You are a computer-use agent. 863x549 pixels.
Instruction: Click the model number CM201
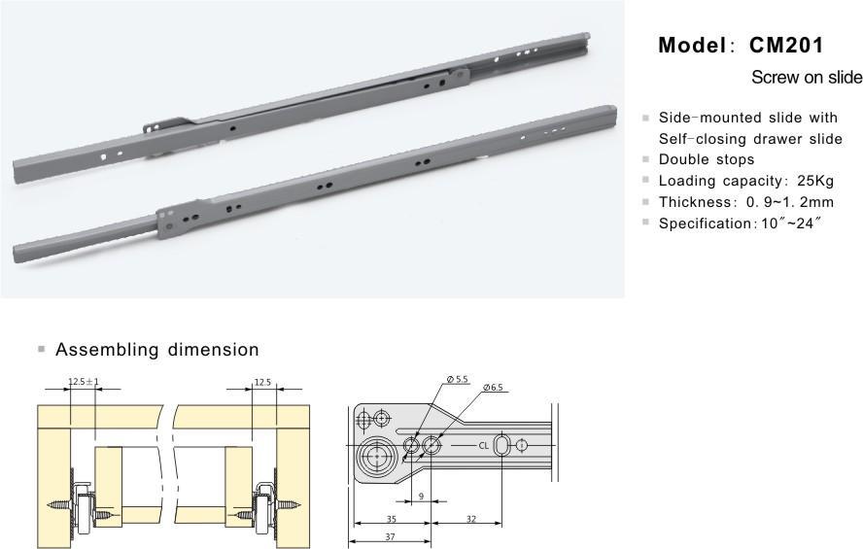pos(786,45)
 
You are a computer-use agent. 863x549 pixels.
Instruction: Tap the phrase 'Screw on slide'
pos(807,77)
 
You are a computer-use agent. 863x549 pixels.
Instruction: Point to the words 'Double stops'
pos(707,159)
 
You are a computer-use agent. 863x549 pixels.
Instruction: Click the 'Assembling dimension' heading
pos(156,349)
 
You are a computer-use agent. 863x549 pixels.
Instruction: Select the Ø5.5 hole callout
pos(458,379)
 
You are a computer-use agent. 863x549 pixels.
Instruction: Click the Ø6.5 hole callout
pos(493,388)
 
